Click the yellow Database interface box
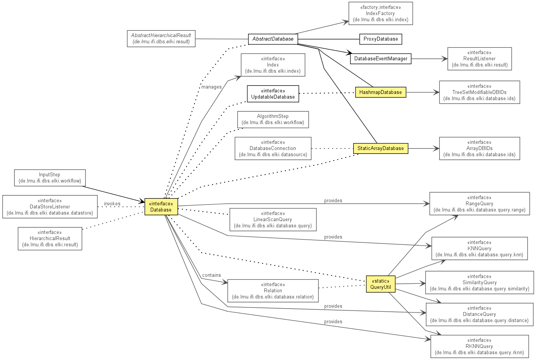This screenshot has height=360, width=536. pos(161,206)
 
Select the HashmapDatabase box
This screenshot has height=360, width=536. pos(381,92)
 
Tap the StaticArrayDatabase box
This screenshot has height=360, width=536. pos(381,148)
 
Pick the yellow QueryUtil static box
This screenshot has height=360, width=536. pos(381,284)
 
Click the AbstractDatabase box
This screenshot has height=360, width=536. pos(273,39)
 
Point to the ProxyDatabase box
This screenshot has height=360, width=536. pos(381,39)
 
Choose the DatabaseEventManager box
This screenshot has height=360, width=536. pos(381,59)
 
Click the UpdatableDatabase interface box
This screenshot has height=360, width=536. pos(273,94)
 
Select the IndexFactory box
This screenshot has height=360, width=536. pos(381,14)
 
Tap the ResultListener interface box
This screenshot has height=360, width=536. pos(479,59)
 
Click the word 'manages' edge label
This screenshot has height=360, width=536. pos(211,87)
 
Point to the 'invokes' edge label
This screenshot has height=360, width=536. pos(112,204)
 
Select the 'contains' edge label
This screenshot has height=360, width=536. pos(211,275)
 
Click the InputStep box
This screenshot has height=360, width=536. pos(50,178)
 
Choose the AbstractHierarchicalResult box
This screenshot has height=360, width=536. pos(161,39)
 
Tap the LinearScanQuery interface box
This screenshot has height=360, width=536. pos(273,220)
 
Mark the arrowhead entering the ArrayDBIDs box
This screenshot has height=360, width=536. pos(436,148)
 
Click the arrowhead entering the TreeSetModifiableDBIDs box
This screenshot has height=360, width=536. pos(436,92)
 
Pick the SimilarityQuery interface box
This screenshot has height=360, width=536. pos(479,282)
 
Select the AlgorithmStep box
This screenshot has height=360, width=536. pos(273,119)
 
